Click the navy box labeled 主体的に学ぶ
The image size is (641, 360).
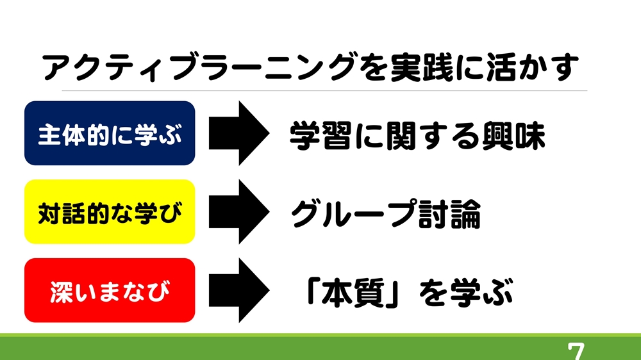coord(110,133)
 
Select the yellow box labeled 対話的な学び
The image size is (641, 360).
coord(110,211)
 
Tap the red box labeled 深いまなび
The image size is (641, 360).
coord(110,290)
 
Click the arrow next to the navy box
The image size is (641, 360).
coord(239,133)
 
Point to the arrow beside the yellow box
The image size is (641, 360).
coord(239,211)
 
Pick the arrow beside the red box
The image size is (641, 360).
coord(239,290)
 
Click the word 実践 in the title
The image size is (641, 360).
coord(422,67)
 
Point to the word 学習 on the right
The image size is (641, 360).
coord(320,136)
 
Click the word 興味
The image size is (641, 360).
coord(514,136)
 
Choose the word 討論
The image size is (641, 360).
coord(449,214)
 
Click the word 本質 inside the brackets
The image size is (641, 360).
coord(353,293)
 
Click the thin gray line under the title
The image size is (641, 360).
coord(324,91)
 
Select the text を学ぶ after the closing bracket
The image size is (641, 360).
coord(466,293)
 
